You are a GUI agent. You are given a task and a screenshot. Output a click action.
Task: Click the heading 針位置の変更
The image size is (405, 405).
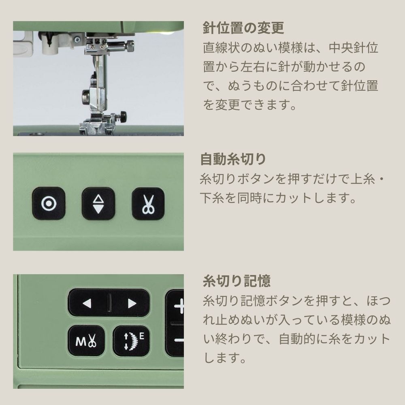point(243,28)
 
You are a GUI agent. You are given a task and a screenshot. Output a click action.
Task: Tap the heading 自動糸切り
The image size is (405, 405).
point(233,159)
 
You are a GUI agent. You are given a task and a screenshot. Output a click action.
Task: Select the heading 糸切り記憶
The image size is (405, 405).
point(237,281)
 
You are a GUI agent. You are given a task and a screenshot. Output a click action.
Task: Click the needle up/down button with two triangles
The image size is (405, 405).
point(98,204)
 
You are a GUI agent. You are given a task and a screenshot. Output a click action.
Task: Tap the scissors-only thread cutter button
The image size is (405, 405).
point(148,204)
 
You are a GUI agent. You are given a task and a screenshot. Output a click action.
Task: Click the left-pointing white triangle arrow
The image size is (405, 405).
point(87,303)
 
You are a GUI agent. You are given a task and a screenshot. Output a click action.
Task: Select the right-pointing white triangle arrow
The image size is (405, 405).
point(132,303)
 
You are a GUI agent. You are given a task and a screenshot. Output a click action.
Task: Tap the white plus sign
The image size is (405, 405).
point(180,306)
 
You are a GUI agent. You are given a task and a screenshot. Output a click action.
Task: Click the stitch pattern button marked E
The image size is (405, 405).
point(132,341)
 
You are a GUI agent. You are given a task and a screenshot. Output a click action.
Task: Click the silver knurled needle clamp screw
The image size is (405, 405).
point(130,47)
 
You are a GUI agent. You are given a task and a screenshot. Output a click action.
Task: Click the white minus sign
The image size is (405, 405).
point(179,340)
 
